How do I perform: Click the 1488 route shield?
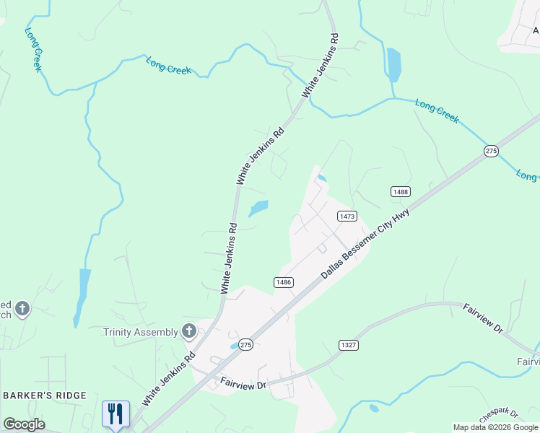[401, 191]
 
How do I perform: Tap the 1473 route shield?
[347, 216]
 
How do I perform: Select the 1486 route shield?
[283, 282]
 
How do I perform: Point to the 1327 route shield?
[349, 345]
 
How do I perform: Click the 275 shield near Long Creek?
[491, 150]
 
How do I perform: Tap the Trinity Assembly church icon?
[189, 332]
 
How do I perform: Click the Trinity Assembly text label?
[141, 332]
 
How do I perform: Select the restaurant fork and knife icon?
[116, 414]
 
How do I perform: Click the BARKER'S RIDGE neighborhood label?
[45, 395]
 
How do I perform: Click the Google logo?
[24, 424]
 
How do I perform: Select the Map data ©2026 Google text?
[495, 427]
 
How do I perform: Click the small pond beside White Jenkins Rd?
[258, 209]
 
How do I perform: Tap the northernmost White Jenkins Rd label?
[321, 66]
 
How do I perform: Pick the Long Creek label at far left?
[34, 49]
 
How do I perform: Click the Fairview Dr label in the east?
[482, 318]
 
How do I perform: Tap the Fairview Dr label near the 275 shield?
[244, 383]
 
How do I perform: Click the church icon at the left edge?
[22, 309]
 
